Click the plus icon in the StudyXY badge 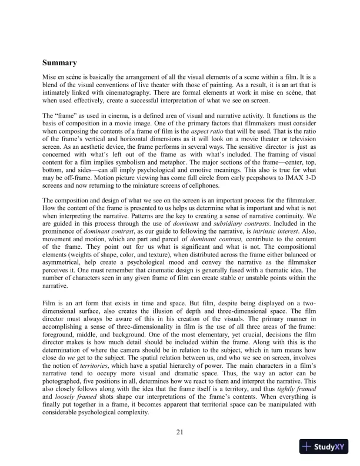pos(306,447)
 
